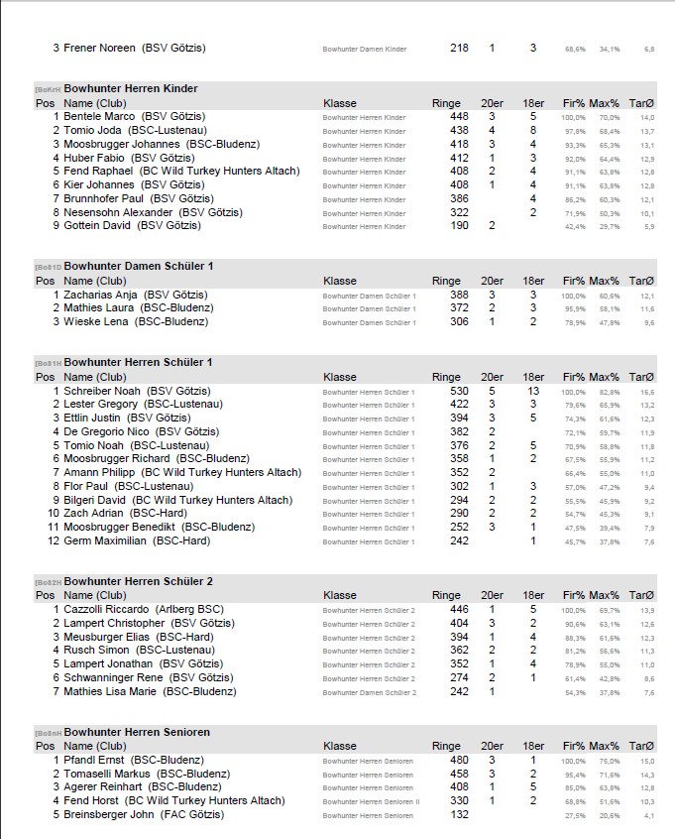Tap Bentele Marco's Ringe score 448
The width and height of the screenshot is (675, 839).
coord(459,116)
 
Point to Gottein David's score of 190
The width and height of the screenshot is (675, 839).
coord(459,225)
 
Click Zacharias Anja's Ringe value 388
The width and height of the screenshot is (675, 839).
coord(459,295)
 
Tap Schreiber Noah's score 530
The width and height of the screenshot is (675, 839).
coord(459,391)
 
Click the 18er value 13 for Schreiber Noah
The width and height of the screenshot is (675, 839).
coord(533,391)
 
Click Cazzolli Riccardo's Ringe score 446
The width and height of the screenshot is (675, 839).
coord(459,609)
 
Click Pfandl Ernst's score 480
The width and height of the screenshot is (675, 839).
coord(459,760)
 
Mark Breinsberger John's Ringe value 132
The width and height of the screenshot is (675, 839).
coord(459,814)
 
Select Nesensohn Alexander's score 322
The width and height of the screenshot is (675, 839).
coord(459,212)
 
